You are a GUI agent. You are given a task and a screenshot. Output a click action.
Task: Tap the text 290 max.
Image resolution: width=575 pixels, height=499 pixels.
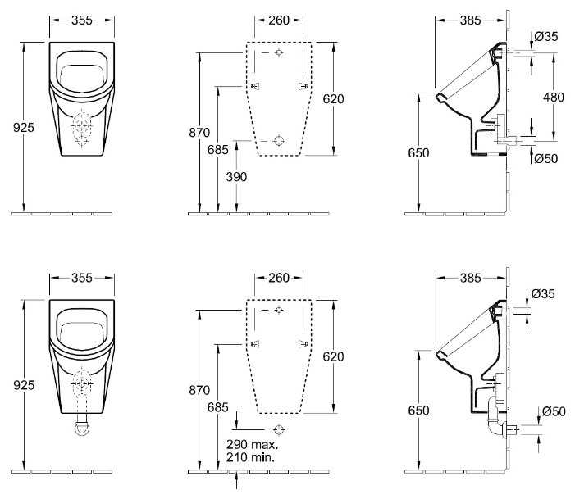(x=252, y=445)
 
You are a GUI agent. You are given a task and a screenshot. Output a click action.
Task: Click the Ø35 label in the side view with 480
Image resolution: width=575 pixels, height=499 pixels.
(x=546, y=36)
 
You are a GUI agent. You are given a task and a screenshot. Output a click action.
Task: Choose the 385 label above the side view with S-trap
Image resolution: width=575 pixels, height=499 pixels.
(x=468, y=278)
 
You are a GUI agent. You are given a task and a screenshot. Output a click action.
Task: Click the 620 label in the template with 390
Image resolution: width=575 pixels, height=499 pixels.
(x=333, y=98)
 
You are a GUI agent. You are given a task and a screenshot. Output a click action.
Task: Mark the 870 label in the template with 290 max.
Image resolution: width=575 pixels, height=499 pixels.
(x=199, y=391)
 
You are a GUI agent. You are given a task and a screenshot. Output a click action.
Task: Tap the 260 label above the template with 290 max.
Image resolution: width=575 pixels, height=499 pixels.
(x=279, y=278)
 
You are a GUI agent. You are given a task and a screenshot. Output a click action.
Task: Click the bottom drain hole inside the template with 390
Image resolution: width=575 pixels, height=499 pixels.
(x=279, y=140)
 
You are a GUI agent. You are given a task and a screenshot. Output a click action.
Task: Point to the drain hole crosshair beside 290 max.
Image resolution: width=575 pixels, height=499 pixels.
(x=280, y=429)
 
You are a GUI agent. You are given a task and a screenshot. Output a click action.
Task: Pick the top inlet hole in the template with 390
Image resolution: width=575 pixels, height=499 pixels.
(x=279, y=53)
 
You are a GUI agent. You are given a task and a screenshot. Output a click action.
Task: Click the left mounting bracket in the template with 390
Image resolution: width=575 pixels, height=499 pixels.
(x=255, y=86)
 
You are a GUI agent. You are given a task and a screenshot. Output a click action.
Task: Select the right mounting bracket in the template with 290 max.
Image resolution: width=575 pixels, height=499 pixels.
(x=303, y=343)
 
